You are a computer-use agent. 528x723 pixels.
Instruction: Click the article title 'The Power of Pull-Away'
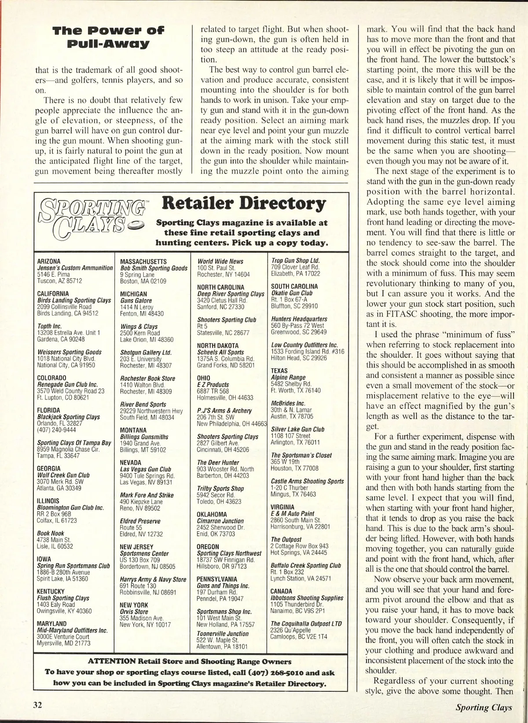[x=108, y=37]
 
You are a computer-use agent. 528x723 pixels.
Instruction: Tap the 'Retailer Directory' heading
[x=244, y=203]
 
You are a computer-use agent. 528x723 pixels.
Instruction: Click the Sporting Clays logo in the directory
[x=93, y=218]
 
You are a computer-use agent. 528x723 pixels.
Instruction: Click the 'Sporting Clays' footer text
[x=484, y=707]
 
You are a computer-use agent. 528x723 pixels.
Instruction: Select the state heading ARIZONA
[x=49, y=262]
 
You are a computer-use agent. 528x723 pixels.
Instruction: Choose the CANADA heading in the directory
[x=282, y=591]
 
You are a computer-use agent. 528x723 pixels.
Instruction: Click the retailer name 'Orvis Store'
[x=134, y=611]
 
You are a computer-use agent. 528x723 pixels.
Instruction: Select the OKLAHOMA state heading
[x=212, y=514]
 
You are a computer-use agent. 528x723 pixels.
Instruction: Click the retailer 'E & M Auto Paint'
[x=293, y=513]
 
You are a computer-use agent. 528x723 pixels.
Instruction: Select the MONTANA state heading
[x=134, y=430]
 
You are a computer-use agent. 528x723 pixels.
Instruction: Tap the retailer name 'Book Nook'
[x=51, y=533]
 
